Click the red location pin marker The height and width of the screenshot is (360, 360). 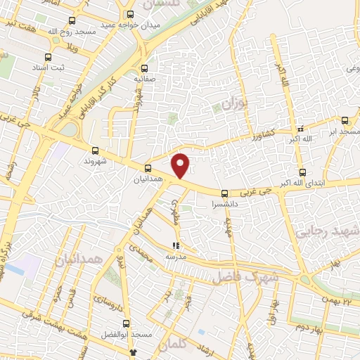pos(181,165)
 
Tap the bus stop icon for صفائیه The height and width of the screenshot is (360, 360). pos(144,68)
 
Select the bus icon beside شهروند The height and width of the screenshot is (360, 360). pos(96,150)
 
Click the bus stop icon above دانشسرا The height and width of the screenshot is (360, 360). pos(224,193)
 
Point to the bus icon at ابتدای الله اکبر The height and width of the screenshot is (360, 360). pos(302,172)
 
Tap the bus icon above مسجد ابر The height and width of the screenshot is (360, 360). pos(345,120)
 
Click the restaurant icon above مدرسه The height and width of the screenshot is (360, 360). pos(176,246)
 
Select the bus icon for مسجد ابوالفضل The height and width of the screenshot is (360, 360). pos(127,324)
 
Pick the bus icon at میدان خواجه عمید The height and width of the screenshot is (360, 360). pos(129,14)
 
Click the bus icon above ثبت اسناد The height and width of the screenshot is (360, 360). pos(47,58)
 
